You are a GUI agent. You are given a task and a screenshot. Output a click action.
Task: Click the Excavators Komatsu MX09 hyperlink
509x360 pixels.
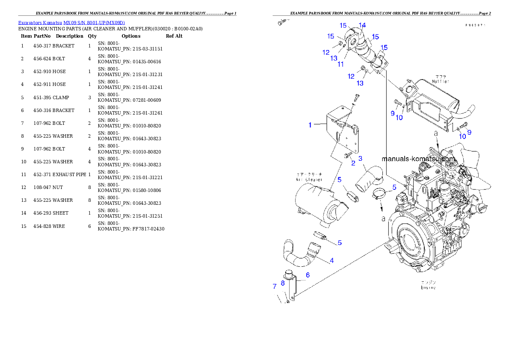click(71, 23)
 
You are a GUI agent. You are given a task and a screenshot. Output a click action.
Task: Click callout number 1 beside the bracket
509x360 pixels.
click(311, 125)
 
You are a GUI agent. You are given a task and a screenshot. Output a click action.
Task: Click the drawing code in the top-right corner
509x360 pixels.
click(475, 25)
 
